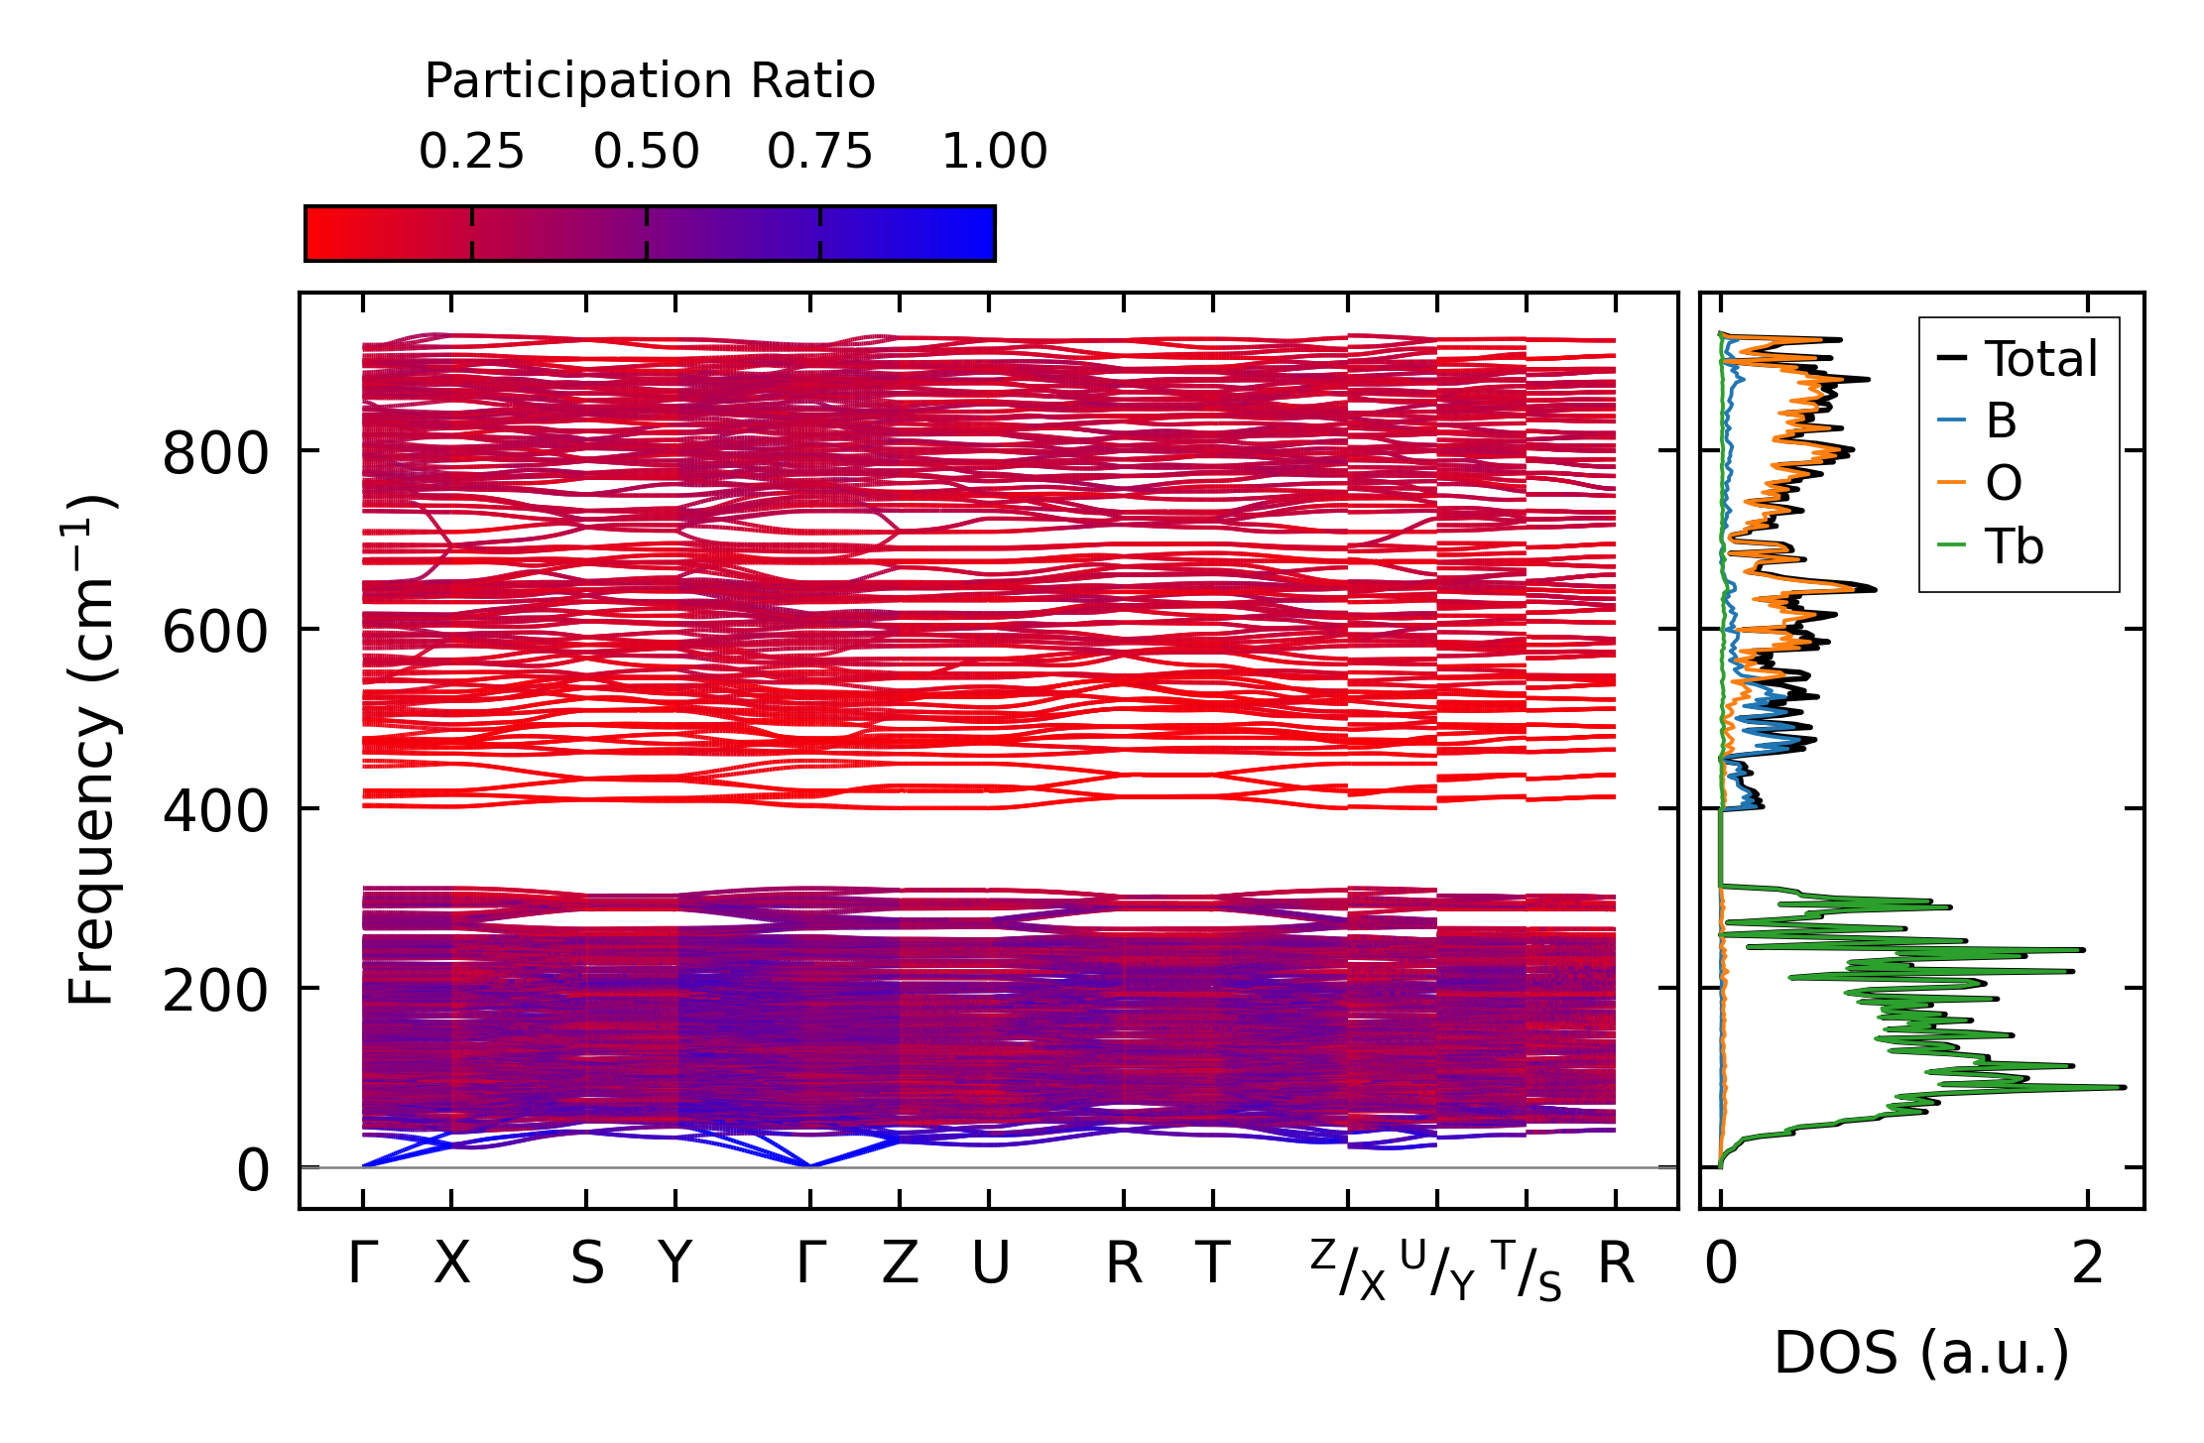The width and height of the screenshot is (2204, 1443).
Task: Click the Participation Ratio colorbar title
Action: point(650,81)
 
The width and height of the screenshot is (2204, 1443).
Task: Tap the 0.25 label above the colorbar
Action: point(471,152)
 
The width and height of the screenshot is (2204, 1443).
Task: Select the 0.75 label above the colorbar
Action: point(819,152)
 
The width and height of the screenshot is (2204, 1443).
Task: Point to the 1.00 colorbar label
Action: point(994,152)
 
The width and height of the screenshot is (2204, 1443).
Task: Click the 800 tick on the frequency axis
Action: point(215,455)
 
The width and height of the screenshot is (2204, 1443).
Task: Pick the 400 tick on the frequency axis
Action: point(215,812)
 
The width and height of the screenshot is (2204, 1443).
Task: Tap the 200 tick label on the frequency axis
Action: point(215,991)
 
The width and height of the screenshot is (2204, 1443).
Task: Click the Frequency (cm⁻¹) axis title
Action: point(92,750)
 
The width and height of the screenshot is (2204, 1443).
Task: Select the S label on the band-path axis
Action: point(586,1264)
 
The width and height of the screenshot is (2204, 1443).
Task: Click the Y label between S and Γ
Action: point(675,1264)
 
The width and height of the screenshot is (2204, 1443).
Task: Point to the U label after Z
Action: point(990,1264)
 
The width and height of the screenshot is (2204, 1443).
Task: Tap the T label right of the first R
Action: point(1212,1264)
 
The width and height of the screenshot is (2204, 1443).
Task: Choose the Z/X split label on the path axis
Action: point(1347,1269)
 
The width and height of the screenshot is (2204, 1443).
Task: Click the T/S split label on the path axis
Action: point(1527,1269)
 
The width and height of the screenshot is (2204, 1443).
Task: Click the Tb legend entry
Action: point(2014,546)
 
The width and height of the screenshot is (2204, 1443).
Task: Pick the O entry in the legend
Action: point(2003,484)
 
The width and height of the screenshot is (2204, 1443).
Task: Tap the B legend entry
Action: point(2001,421)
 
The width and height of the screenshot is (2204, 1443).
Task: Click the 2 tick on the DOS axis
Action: point(2087,1264)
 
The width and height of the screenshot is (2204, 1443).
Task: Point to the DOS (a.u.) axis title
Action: point(1921,1353)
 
